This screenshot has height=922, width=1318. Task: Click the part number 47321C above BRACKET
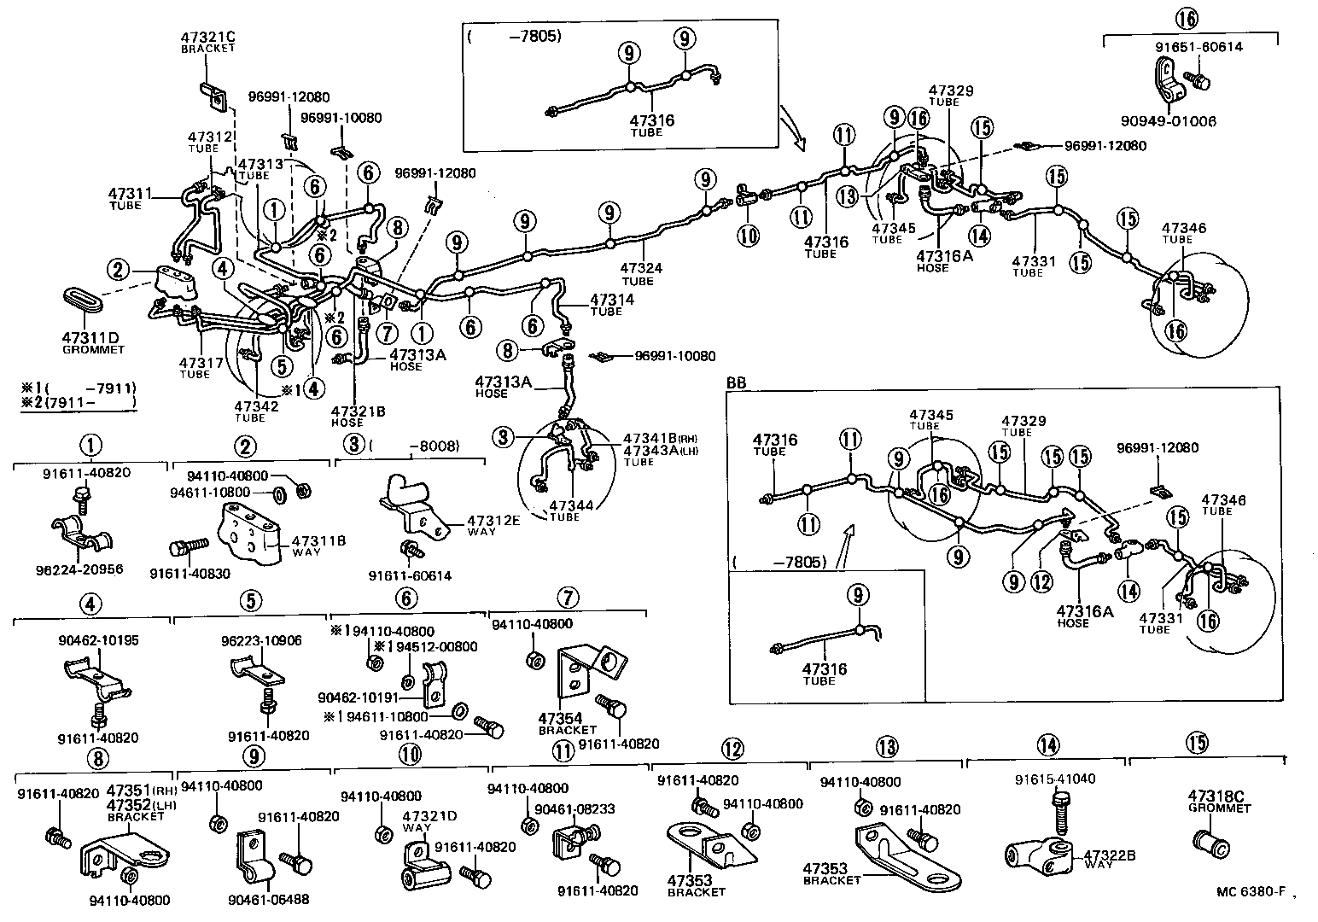pyautogui.click(x=207, y=38)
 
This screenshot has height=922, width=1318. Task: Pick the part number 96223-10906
pyautogui.click(x=261, y=640)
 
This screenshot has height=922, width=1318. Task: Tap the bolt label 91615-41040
pyautogui.click(x=1055, y=779)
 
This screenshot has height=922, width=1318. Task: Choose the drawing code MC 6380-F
pyautogui.click(x=1251, y=893)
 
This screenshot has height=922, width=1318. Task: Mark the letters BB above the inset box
pyautogui.click(x=735, y=384)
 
